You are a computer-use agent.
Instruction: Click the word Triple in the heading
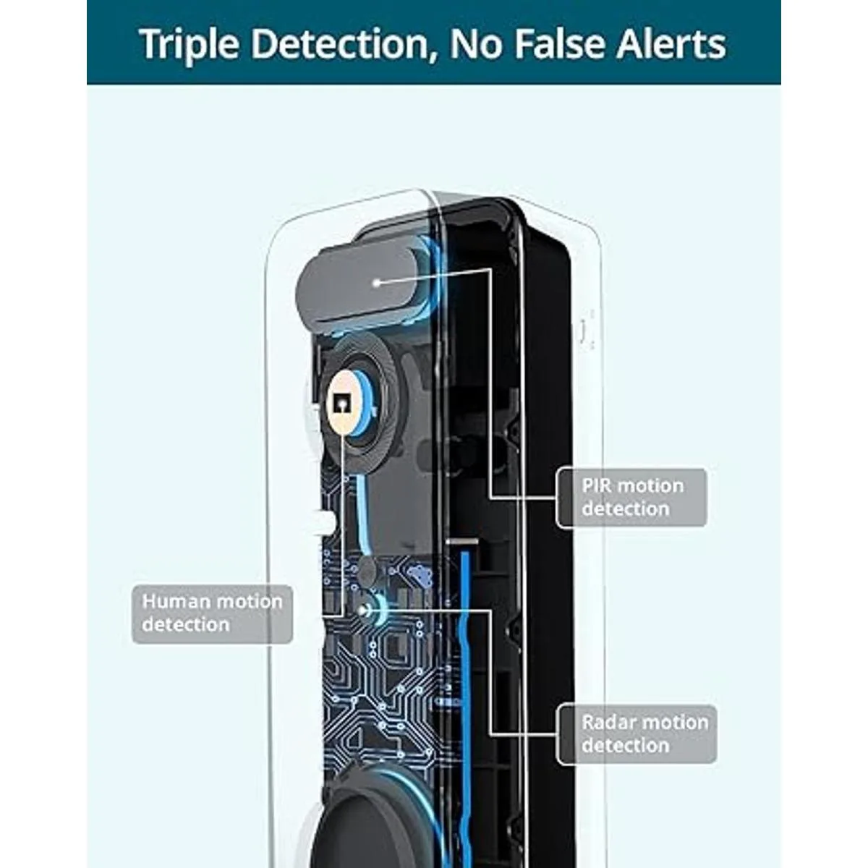[189, 45]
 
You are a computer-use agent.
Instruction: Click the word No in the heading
[477, 44]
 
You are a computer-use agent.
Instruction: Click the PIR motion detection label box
[631, 498]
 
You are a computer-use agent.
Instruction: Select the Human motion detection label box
[212, 614]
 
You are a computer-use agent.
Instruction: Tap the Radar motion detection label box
[637, 734]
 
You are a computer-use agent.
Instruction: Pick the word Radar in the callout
[606, 722]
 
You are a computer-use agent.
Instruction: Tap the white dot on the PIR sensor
[378, 283]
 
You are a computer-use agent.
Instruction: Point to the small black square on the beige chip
[341, 405]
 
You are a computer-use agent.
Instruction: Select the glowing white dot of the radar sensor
[364, 610]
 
